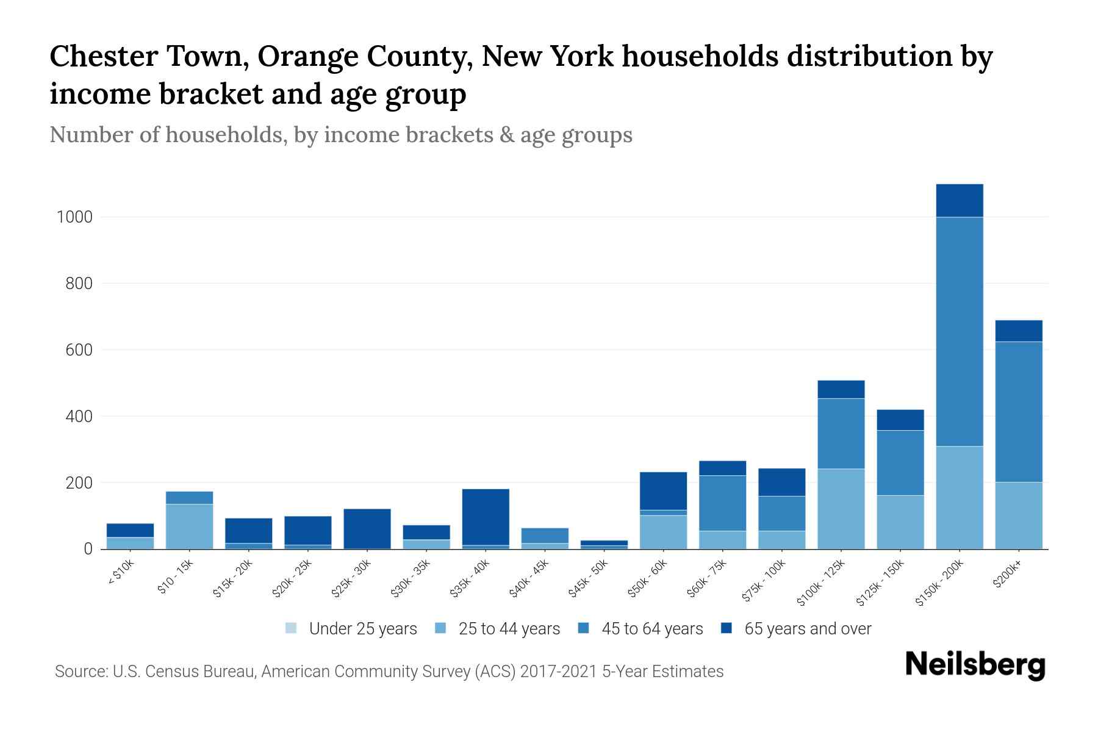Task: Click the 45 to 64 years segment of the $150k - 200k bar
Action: click(x=959, y=331)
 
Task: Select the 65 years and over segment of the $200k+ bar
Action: click(x=1018, y=331)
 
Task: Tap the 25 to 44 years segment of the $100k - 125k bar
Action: click(x=841, y=509)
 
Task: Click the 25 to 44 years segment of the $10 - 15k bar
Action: click(x=189, y=526)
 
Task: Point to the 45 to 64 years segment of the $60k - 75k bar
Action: click(x=722, y=503)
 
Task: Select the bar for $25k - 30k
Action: click(x=367, y=528)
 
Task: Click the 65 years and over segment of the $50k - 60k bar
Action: click(x=663, y=490)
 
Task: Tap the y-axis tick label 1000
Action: click(x=74, y=217)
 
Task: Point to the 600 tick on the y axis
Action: click(x=79, y=350)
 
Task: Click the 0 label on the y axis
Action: click(x=88, y=549)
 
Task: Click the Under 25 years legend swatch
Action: click(x=292, y=628)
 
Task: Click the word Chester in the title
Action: click(x=104, y=57)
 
